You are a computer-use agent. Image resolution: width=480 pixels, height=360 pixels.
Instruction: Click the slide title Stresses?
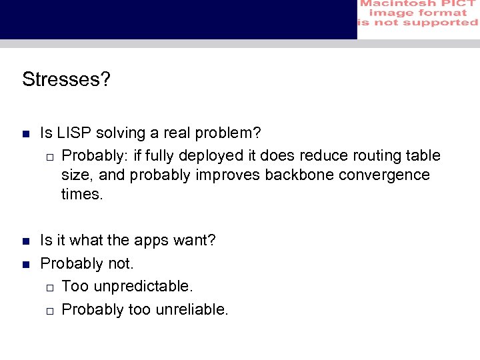66,79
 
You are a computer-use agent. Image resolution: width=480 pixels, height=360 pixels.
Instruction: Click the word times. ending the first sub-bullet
82,195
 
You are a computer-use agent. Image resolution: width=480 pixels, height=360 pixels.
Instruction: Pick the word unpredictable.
143,287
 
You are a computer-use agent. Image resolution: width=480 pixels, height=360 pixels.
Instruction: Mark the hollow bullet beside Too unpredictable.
49,287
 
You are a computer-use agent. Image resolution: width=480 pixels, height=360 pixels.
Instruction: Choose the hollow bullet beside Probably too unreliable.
49,311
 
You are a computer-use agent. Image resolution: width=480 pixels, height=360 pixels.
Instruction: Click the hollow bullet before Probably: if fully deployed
49,157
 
